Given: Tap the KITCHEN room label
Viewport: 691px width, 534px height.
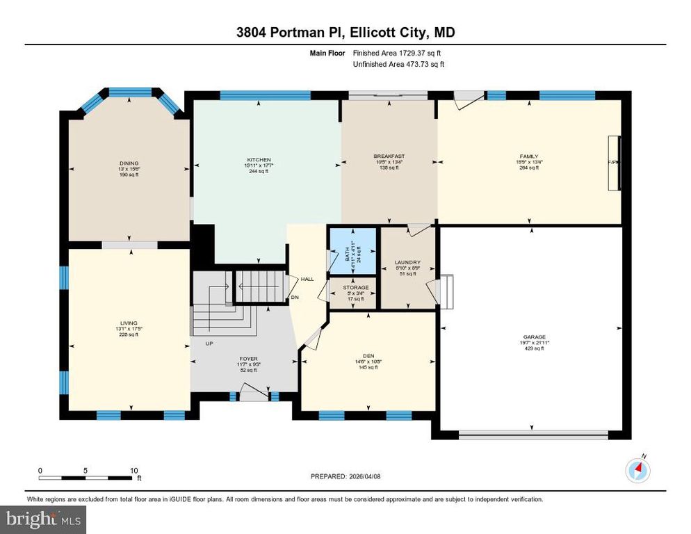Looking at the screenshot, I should pos(259,159).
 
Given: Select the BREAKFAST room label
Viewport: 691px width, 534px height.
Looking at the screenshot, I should pos(389,156).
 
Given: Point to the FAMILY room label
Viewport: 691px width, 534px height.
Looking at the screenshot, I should pos(529,156).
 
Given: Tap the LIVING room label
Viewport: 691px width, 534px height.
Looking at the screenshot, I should pos(128,323).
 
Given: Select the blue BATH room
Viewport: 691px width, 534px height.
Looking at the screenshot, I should pos(352,250).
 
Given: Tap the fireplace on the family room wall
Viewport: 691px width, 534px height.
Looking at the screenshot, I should pos(612,163).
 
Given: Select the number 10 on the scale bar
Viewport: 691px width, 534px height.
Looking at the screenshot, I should pos(133,470).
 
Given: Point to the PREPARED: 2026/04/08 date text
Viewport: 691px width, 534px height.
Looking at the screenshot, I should pos(346,476).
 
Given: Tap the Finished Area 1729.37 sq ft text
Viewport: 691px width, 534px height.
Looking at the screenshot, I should pos(397,53).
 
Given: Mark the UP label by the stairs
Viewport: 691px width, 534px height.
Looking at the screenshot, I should pos(209,343).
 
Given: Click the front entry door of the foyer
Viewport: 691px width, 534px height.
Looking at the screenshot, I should pos(254,396).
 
